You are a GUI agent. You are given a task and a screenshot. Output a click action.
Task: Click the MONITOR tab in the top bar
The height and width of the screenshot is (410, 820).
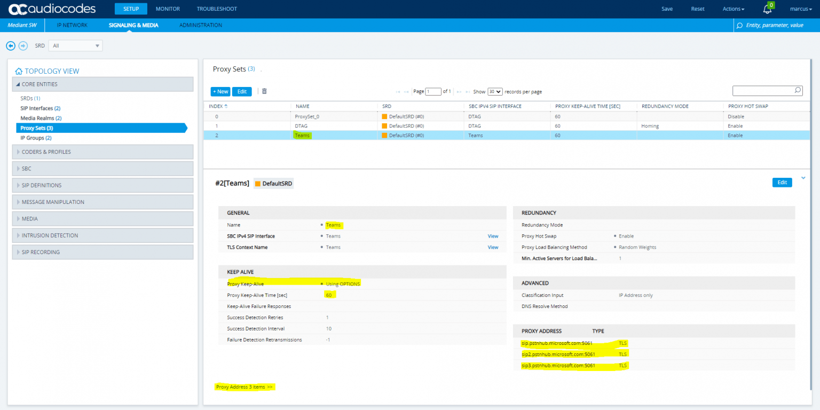(x=168, y=9)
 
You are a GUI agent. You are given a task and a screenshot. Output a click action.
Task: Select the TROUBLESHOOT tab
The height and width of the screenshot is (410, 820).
(x=217, y=9)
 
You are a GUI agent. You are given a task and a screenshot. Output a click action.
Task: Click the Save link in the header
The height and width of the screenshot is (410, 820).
(x=667, y=9)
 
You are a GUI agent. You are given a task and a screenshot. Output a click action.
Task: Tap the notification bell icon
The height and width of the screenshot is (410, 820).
(x=767, y=9)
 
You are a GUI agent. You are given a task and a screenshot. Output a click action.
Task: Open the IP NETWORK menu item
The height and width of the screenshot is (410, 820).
(x=72, y=25)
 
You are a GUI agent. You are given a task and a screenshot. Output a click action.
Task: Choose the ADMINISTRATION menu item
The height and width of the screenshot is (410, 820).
(x=201, y=25)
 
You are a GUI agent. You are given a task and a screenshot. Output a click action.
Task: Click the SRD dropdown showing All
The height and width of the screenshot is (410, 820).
(x=75, y=46)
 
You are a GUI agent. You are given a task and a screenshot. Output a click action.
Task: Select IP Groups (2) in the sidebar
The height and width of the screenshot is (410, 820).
(x=36, y=138)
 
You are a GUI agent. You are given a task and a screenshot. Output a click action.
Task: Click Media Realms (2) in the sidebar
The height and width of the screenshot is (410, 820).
(x=41, y=118)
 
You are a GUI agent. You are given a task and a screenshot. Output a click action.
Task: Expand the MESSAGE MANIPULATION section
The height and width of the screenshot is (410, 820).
(x=53, y=202)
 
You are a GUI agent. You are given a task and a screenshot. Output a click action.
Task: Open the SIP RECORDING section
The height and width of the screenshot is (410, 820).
(x=41, y=252)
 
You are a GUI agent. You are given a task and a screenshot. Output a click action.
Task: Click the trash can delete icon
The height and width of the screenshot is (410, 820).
(x=264, y=91)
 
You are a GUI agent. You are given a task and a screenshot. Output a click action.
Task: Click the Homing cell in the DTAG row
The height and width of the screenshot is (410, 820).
(x=650, y=126)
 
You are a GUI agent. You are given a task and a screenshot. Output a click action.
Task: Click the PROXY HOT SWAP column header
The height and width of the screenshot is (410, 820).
(x=748, y=106)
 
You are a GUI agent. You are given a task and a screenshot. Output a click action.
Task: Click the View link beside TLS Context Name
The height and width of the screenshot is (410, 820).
(x=493, y=247)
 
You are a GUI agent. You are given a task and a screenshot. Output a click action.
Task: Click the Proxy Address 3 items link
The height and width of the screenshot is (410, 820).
(x=245, y=387)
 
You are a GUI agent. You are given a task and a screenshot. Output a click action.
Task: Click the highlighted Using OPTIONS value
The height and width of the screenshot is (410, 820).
(x=343, y=283)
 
